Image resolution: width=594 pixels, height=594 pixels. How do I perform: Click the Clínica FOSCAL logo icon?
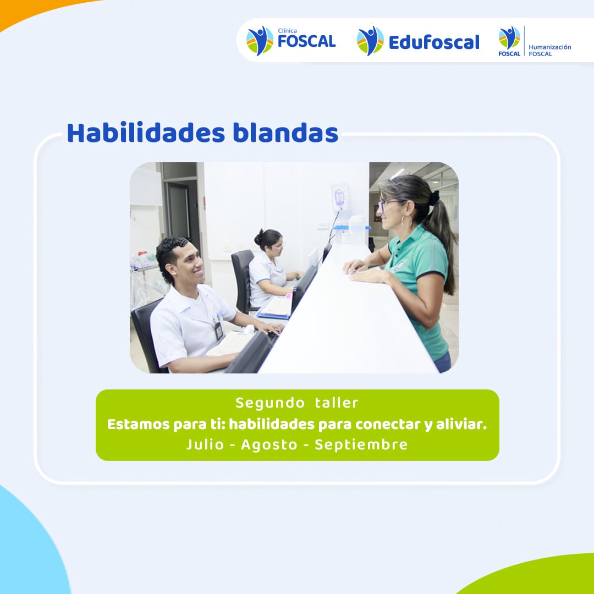pyautogui.click(x=260, y=41)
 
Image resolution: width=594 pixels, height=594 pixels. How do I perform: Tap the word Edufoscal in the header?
pyautogui.click(x=434, y=42)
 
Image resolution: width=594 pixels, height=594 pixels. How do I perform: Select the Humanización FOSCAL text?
pyautogui.click(x=549, y=51)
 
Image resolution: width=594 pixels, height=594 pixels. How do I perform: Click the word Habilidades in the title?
pyautogui.click(x=146, y=133)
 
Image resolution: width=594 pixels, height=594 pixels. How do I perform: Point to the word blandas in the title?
pyautogui.click(x=285, y=133)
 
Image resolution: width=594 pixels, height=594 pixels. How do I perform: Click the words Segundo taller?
pyautogui.click(x=296, y=403)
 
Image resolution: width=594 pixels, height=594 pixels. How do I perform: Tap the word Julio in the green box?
pyautogui.click(x=205, y=444)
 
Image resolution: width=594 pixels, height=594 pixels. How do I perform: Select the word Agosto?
pyautogui.click(x=269, y=445)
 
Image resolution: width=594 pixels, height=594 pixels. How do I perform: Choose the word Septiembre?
pyautogui.click(x=361, y=445)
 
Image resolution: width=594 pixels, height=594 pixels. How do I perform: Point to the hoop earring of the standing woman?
pyautogui.click(x=406, y=221)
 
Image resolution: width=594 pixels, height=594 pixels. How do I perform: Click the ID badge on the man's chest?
pyautogui.click(x=218, y=331)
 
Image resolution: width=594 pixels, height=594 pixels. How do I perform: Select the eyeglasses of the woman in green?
pyautogui.click(x=387, y=205)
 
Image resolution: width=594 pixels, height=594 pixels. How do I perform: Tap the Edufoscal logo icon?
pyautogui.click(x=370, y=41)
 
